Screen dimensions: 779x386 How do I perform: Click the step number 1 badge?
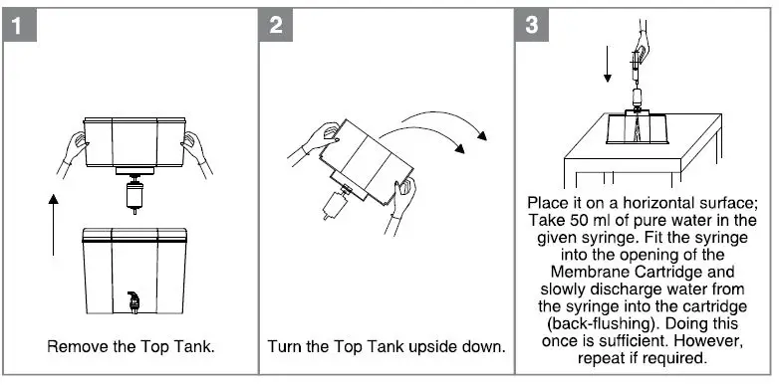pos(19,25)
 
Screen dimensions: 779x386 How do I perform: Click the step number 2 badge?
pos(276,25)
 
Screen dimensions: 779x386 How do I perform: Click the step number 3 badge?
pos(532,25)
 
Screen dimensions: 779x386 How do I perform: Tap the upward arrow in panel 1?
pos(53,225)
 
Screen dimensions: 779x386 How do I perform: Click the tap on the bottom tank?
pos(133,302)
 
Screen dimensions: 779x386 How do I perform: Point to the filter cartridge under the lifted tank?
pos(134,194)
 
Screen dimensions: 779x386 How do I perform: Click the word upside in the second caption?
pos(432,346)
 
